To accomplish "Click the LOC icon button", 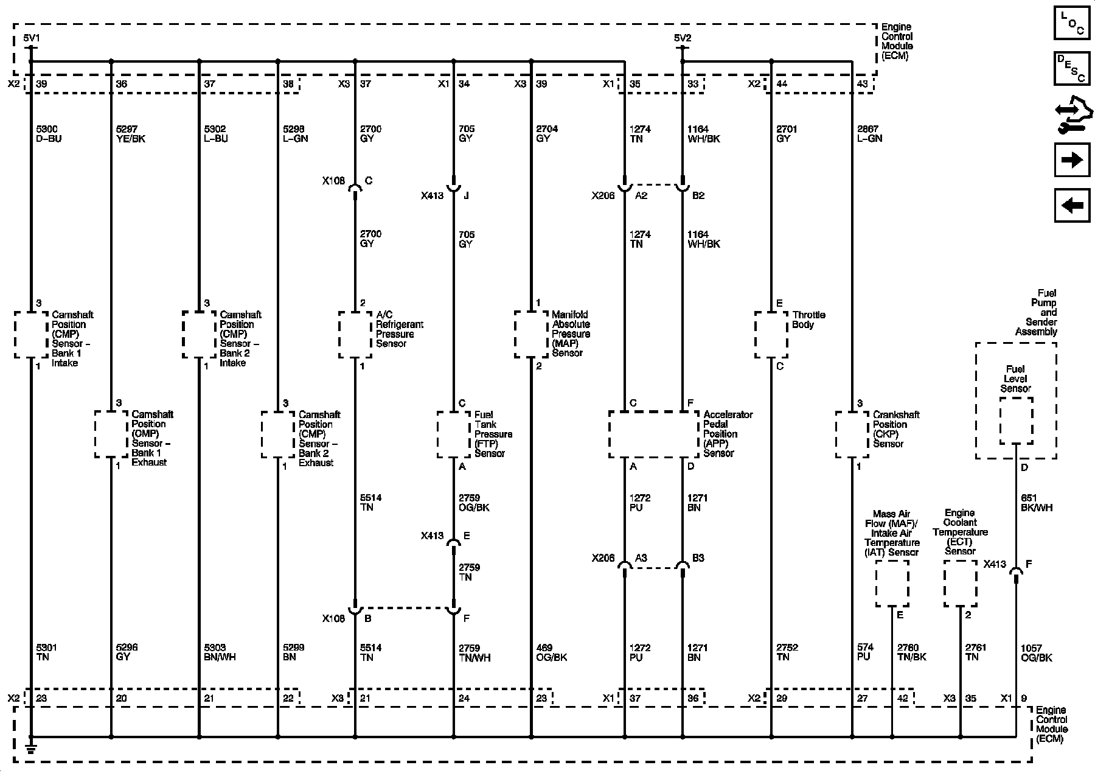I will point(1072,22).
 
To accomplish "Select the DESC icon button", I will point(1072,68).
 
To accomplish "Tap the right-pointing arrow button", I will point(1072,160).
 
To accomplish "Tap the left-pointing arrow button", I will point(1072,206).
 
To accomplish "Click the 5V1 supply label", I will point(31,38).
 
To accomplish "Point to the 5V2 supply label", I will point(683,38).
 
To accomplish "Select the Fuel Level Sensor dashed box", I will point(1016,421).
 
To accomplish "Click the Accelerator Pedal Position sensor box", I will point(654,435).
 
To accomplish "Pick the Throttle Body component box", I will point(771,335).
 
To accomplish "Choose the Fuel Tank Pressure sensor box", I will point(453,435).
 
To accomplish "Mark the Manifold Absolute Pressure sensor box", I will point(531,335).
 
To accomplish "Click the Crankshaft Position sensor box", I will point(852,435).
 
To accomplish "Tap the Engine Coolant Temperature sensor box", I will point(961,584).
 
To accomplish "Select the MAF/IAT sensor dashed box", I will point(892,584).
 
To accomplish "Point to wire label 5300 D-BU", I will point(49,134).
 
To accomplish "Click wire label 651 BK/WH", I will point(1036,503).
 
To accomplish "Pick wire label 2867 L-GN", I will point(870,134).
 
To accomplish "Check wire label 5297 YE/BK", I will point(130,134).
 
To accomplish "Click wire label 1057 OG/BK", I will point(1036,652).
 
